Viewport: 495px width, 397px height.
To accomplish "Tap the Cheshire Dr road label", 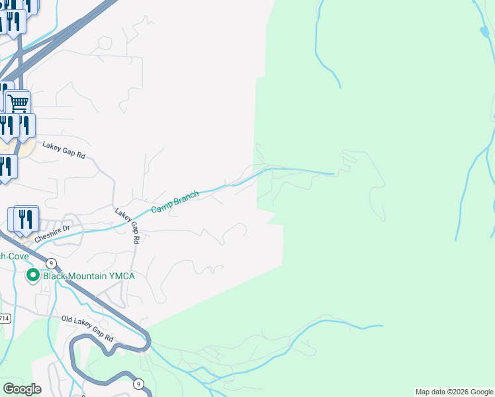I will tap(52, 233).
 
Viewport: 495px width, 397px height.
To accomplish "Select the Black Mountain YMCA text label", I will tap(89, 276).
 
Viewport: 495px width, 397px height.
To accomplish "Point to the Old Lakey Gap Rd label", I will tap(87, 329).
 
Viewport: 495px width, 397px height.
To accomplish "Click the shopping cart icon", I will tap(19, 102).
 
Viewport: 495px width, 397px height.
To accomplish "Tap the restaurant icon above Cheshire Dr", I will tap(26, 218).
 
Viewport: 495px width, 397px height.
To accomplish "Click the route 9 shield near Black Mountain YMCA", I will tap(50, 263).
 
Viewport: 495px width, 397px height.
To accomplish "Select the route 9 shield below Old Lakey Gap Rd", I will tap(138, 384).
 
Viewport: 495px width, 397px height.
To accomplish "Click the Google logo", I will tap(22, 389).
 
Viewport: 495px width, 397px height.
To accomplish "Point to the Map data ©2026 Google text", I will tap(454, 392).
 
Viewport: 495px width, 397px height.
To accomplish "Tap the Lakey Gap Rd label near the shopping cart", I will tap(64, 150).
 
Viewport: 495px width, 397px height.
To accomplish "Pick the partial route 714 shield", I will tap(4, 318).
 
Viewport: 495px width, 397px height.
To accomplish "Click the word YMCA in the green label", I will tap(122, 276).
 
